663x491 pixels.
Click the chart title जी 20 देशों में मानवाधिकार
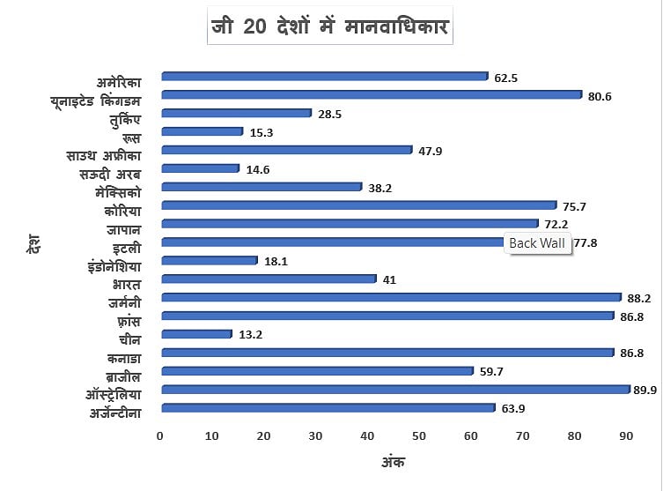point(331,27)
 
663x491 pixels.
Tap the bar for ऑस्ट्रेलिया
point(396,389)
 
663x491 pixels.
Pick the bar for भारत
point(269,279)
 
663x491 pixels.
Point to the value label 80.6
point(600,96)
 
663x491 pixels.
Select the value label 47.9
point(431,151)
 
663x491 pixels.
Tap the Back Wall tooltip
point(539,244)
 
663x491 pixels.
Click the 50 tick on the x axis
point(419,436)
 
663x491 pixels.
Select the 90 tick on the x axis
point(627,436)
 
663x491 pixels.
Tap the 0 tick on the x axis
point(160,436)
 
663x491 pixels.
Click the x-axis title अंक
point(393,461)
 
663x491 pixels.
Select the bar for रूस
point(203,131)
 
